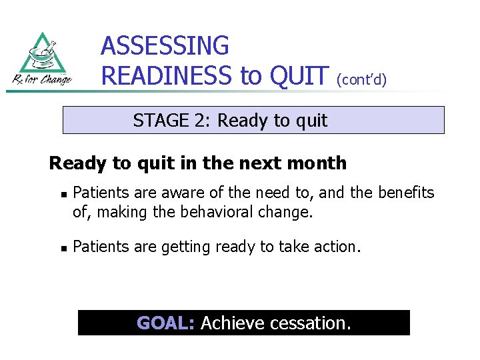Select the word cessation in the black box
[310, 323]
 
